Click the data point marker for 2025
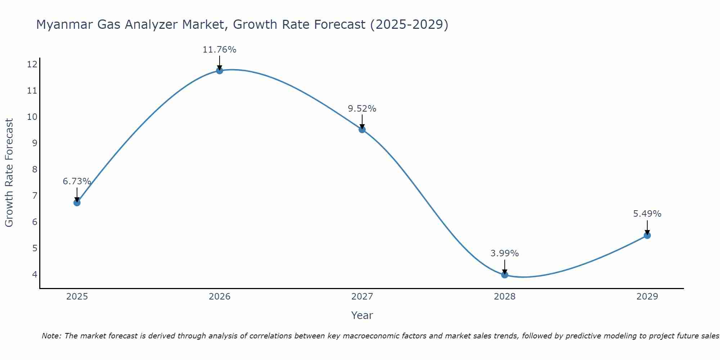(x=77, y=203)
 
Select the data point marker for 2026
(x=220, y=71)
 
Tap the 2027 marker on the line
(x=362, y=130)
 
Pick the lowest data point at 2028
(x=505, y=275)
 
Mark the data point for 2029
(x=647, y=235)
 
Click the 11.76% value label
(x=219, y=50)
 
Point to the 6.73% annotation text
(x=77, y=181)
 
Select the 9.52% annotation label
(x=362, y=109)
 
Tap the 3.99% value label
(x=504, y=253)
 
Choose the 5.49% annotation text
(x=647, y=214)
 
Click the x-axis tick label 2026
(x=220, y=297)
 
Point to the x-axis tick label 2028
(x=505, y=297)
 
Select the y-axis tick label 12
(x=32, y=64)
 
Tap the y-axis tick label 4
(x=35, y=274)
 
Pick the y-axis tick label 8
(x=35, y=169)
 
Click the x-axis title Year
(x=362, y=315)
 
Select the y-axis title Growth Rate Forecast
(x=9, y=172)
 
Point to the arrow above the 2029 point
(x=647, y=227)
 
